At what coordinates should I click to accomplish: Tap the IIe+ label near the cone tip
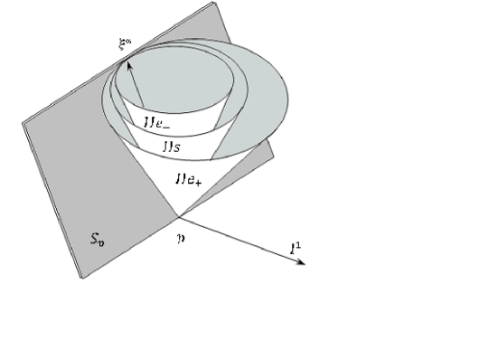[x=188, y=177]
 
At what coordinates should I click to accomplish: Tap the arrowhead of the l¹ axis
[x=304, y=262]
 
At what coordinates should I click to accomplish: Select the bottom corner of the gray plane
[x=84, y=279]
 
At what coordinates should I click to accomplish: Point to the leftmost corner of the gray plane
[x=23, y=122]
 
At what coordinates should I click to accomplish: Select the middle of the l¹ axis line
[x=242, y=241]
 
